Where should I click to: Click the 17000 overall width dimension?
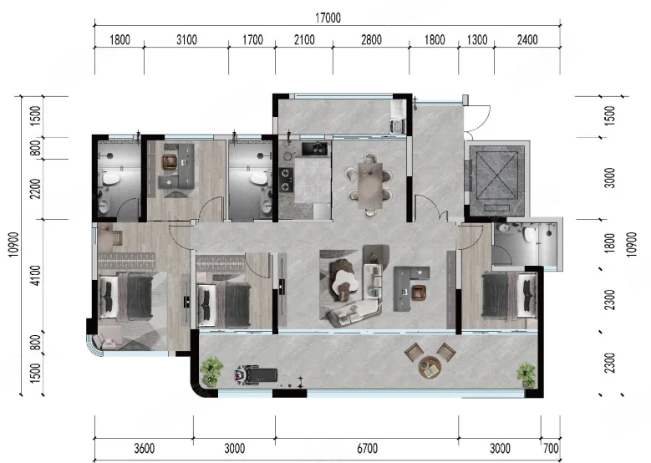(328, 18)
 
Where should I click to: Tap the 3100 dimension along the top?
(186, 40)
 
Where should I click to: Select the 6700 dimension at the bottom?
(368, 449)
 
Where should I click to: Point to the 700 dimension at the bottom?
(551, 449)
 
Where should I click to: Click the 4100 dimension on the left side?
(37, 275)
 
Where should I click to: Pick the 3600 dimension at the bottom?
(144, 449)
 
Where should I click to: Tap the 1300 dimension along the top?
(477, 40)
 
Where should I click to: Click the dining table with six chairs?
(370, 185)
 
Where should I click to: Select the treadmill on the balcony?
(257, 374)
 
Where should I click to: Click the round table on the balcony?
(430, 366)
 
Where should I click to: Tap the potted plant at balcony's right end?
(526, 374)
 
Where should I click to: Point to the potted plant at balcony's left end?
(211, 371)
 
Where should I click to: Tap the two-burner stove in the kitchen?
(285, 179)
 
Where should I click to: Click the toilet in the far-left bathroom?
(111, 179)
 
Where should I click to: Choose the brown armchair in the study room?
(170, 161)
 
